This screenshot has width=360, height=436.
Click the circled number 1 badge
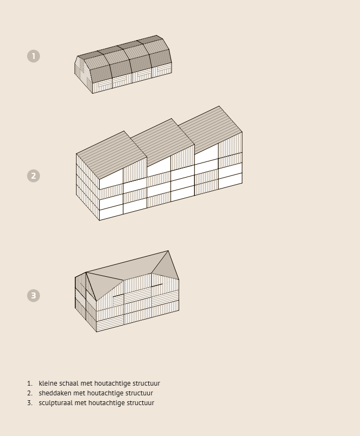34,56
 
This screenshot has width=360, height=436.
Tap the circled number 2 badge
34,176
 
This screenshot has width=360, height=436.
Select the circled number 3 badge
34,296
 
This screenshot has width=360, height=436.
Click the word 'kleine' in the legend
48,383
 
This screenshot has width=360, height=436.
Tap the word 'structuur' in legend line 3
140,403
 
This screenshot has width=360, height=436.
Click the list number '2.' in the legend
30,393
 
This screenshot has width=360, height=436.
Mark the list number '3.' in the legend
30,403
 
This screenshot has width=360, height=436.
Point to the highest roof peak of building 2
219,106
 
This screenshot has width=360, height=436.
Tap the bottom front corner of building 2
99,220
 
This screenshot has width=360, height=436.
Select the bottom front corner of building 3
96,331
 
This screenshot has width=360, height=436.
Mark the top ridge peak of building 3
168,251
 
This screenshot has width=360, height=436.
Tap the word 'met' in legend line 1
86,383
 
